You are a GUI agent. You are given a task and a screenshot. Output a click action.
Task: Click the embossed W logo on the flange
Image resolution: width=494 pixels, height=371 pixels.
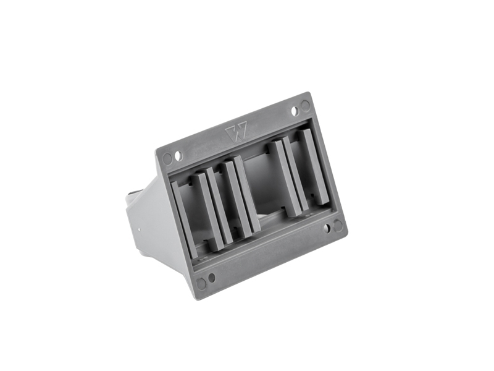tap(237, 132)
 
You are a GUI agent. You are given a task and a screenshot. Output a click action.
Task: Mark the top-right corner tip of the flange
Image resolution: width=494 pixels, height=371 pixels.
tap(309, 93)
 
